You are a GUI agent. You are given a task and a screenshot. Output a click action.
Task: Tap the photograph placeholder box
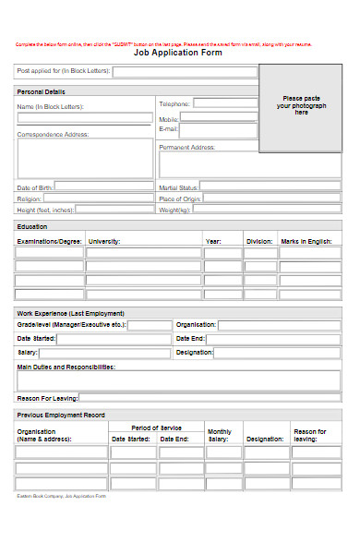pyautogui.click(x=300, y=108)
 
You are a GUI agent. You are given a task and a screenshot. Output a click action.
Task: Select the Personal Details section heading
pyautogui.click(x=42, y=91)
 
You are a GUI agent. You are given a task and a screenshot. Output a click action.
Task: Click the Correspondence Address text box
pyautogui.click(x=85, y=158)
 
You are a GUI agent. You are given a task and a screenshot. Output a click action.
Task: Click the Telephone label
pyautogui.click(x=174, y=104)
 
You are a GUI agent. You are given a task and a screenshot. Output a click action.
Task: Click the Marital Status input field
pyautogui.click(x=270, y=187)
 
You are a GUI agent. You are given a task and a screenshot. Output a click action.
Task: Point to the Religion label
pyautogui.click(x=29, y=199)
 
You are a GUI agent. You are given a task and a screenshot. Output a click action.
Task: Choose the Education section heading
pyautogui.click(x=35, y=225)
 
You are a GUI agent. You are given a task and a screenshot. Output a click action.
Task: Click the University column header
pyautogui.click(x=104, y=241)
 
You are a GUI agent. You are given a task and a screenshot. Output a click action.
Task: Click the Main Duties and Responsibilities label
pyautogui.click(x=66, y=367)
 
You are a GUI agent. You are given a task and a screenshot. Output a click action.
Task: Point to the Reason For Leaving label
pyautogui.click(x=46, y=398)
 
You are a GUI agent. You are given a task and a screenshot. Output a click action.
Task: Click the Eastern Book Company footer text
pyautogui.click(x=61, y=496)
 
